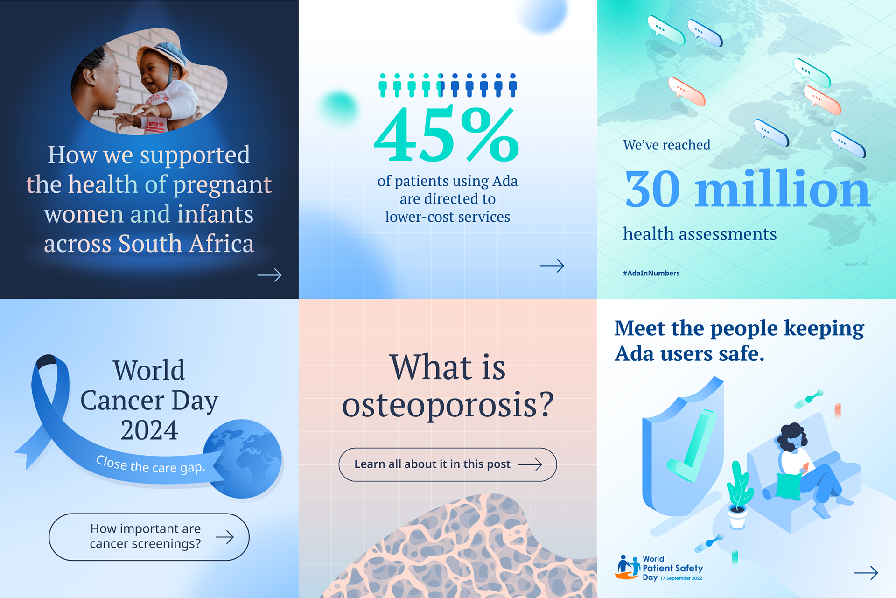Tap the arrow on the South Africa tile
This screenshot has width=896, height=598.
[269, 275]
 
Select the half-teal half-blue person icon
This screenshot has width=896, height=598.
[441, 85]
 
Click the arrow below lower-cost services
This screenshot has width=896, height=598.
[552, 266]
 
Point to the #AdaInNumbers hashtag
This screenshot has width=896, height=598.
[651, 273]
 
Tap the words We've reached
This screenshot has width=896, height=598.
[666, 145]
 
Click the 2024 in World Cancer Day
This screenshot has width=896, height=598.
[149, 430]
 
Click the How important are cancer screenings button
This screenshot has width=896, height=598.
[149, 537]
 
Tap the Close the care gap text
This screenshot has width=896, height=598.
[150, 465]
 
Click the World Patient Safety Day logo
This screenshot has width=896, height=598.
[658, 568]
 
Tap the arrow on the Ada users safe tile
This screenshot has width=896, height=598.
[866, 573]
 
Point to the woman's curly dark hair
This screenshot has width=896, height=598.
[791, 436]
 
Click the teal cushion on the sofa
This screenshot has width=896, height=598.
[789, 486]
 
